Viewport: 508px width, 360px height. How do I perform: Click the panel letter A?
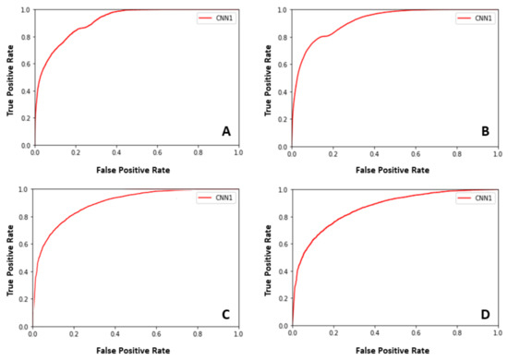[x=225, y=132]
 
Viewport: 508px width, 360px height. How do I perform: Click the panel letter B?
[x=484, y=132]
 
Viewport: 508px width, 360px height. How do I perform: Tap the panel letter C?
[x=225, y=312]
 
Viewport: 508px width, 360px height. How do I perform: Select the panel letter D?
[x=484, y=312]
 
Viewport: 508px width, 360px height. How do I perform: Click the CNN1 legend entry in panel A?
[x=215, y=18]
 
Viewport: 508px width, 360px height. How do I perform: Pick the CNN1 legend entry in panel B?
[x=475, y=18]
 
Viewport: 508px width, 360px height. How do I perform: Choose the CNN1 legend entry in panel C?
[x=215, y=198]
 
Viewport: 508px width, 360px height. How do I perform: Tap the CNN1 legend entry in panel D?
[x=475, y=198]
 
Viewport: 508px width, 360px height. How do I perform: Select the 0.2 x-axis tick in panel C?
[x=74, y=334]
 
